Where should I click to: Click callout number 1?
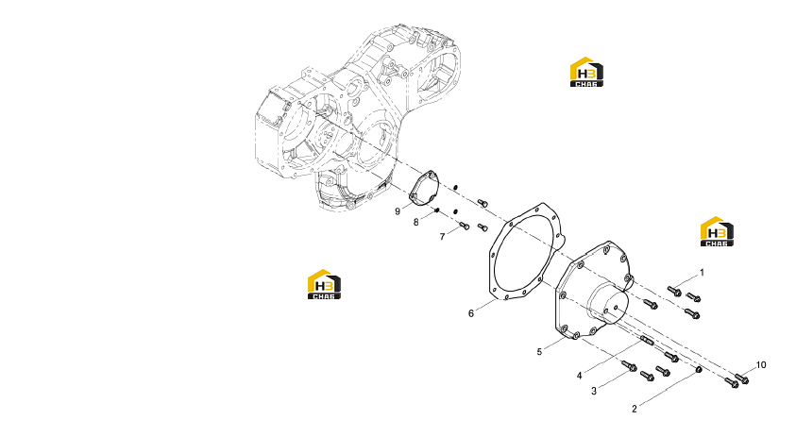[x=703, y=273]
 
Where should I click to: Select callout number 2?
[x=634, y=409]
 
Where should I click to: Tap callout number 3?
[x=594, y=391]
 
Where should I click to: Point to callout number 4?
[x=579, y=376]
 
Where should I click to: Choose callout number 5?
[x=539, y=351]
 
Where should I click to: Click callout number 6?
[x=471, y=313]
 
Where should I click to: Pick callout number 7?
[x=442, y=237]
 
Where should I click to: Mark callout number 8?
[x=415, y=222]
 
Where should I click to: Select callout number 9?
[x=398, y=211]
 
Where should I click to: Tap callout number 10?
[x=761, y=365]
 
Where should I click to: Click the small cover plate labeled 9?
[x=424, y=190]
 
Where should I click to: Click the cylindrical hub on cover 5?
[x=608, y=303]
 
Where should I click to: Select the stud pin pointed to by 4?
[x=646, y=340]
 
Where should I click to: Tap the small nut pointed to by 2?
[x=699, y=369]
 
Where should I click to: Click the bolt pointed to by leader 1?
[x=674, y=291]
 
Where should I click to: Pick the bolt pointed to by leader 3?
[x=630, y=365]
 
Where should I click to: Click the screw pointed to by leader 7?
[x=464, y=226]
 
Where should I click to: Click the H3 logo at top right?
[x=586, y=72]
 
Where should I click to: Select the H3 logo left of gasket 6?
[x=324, y=284]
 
